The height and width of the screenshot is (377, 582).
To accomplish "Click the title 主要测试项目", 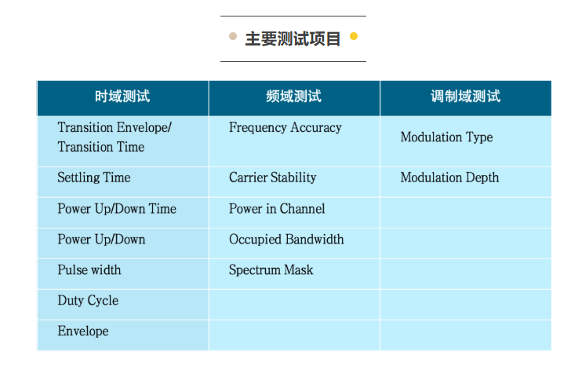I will (293, 38).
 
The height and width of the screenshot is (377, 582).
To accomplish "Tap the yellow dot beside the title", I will (354, 36).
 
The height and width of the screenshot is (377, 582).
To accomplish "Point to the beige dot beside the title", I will (233, 36).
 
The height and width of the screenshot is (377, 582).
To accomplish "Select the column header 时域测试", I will (122, 97).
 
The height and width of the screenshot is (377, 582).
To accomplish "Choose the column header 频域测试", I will (293, 97).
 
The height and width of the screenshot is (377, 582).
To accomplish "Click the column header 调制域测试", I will (465, 97).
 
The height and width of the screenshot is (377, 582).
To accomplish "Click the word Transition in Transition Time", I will (85, 147).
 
